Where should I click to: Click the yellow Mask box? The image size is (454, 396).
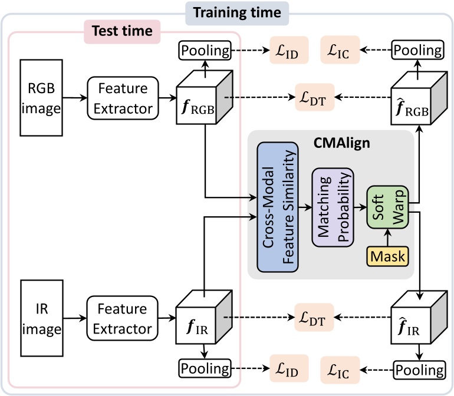[387, 256]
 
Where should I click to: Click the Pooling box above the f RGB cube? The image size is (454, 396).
[204, 51]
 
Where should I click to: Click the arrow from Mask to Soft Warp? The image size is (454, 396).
[386, 237]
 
